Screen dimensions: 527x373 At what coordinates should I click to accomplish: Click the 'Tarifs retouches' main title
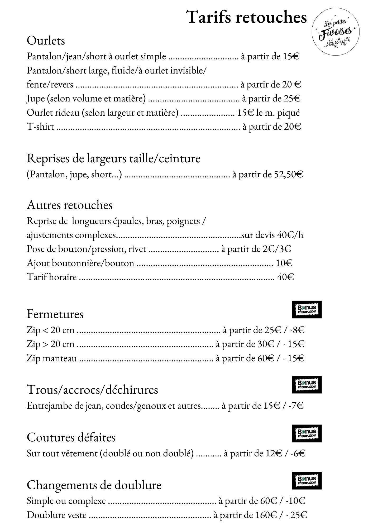point(247,17)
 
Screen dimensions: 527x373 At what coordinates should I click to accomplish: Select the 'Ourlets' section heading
point(46,41)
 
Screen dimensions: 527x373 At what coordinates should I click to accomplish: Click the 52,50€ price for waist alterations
point(288,174)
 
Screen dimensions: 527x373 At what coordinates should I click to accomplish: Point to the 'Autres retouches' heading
point(70,205)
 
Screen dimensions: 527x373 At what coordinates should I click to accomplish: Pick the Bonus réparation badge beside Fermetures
point(307,309)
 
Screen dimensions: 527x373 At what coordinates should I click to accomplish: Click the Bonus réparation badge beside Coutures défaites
point(307,433)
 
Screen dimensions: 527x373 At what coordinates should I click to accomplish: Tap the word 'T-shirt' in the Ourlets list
point(40,127)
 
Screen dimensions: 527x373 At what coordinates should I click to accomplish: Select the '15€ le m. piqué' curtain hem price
point(268,113)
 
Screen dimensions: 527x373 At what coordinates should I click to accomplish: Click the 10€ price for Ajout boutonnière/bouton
point(284,263)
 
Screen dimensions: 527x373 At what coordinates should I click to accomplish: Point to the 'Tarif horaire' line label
point(52,277)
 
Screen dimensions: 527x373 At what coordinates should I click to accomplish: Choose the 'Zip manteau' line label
point(52,358)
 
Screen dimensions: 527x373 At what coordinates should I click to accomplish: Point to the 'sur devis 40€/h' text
point(272,235)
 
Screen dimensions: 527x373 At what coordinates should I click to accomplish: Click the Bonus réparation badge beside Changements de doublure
point(307,480)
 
